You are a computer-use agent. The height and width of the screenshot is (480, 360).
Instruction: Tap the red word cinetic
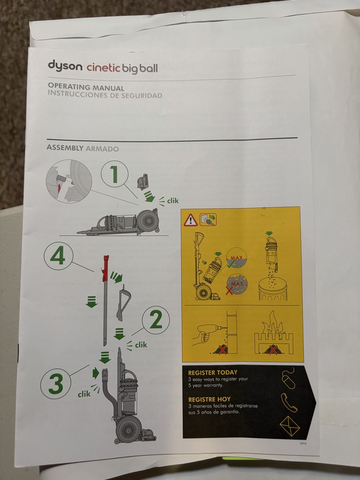click(x=103, y=68)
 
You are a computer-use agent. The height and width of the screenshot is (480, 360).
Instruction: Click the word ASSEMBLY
click(x=65, y=148)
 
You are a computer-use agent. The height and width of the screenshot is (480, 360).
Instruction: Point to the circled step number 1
click(x=114, y=174)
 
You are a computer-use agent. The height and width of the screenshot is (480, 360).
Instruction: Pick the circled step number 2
click(x=156, y=320)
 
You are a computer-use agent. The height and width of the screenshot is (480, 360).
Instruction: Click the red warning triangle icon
click(x=191, y=220)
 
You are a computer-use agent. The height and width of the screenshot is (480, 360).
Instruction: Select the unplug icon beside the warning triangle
click(x=208, y=219)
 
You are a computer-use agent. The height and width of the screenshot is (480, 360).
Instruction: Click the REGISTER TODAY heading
click(x=213, y=372)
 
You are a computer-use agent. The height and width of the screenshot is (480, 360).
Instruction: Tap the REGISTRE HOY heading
click(x=209, y=400)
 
